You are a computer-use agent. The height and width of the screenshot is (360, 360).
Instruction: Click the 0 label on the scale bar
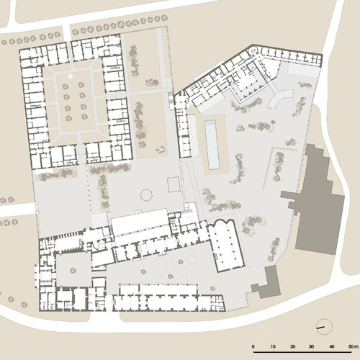coord(253,346)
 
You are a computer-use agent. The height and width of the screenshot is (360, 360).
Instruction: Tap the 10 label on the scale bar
coord(273,346)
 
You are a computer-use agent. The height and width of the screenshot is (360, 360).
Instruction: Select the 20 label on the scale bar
coord(292,346)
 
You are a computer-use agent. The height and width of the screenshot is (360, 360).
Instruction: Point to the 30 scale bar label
coord(312,346)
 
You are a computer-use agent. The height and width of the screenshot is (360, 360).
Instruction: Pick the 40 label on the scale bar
coord(332,346)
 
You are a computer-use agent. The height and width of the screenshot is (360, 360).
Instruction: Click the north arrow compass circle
coord(324,327)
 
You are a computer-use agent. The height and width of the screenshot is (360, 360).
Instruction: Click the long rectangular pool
coord(212,145)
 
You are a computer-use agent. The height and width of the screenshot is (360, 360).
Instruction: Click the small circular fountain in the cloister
coord(71,76)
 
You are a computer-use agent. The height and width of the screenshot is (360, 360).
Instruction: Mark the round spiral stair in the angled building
coord(253,50)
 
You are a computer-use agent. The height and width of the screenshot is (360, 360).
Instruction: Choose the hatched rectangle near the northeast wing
coord(303,70)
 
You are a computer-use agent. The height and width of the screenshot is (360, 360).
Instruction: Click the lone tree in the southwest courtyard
coord(73,271)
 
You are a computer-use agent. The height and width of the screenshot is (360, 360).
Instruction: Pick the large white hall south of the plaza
coord(139,222)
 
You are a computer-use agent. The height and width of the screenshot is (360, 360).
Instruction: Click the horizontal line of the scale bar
coord(302,352)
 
